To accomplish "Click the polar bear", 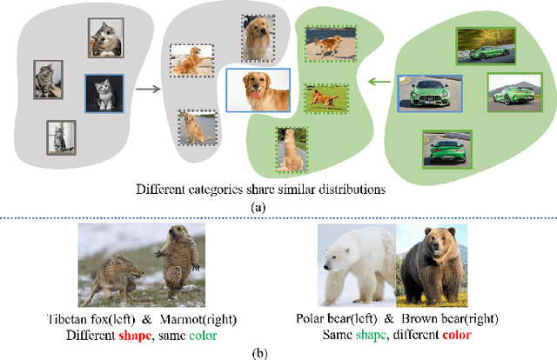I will (356, 264).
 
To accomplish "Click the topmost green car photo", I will (480, 46).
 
